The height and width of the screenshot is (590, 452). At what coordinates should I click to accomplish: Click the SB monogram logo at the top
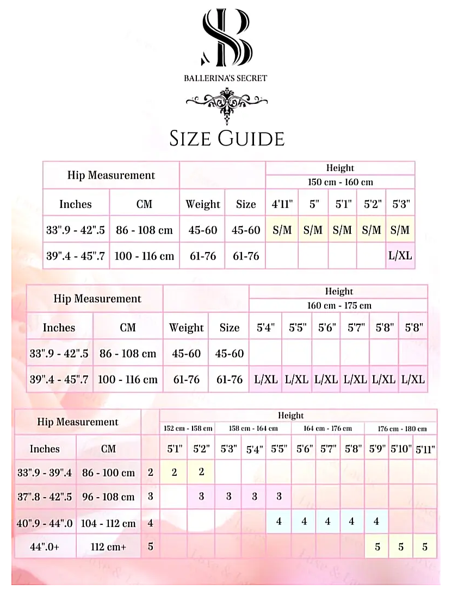(x=226, y=37)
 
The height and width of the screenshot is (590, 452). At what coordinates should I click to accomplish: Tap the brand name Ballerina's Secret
(x=226, y=78)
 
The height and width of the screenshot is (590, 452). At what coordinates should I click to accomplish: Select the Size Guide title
(x=227, y=138)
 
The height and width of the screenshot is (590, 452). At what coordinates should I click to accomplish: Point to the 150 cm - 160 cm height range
(x=340, y=182)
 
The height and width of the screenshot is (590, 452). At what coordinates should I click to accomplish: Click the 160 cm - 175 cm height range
(x=339, y=305)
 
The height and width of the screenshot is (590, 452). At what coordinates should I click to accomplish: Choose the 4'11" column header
(x=282, y=204)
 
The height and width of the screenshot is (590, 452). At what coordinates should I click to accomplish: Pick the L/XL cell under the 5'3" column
(x=400, y=255)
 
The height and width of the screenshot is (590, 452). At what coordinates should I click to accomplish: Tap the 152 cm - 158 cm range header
(x=188, y=429)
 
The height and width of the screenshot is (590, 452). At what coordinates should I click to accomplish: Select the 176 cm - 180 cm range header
(x=401, y=429)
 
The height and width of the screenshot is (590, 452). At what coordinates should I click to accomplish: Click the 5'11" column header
(x=425, y=449)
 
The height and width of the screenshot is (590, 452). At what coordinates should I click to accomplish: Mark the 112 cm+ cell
(x=108, y=547)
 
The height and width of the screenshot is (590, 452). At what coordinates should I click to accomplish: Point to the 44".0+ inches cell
(x=45, y=547)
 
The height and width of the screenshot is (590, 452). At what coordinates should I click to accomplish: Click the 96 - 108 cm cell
(x=108, y=497)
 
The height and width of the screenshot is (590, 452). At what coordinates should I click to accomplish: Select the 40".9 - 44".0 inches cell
(x=45, y=523)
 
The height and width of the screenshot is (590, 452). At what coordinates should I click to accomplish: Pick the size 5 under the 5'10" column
(x=401, y=547)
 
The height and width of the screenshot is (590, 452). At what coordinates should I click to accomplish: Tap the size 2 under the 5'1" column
(x=175, y=472)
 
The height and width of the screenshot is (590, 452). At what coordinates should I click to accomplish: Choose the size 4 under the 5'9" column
(x=376, y=522)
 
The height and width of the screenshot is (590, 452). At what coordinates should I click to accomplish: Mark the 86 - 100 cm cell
(x=108, y=473)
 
